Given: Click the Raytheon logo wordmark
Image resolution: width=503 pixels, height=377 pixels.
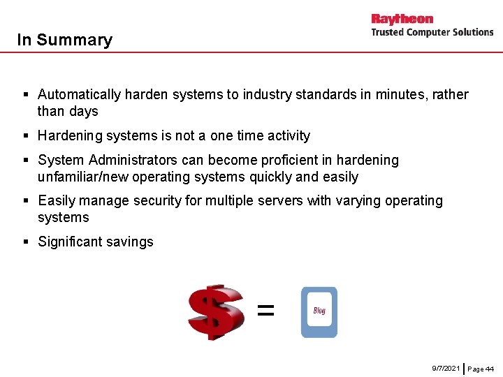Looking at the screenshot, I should coord(402,19).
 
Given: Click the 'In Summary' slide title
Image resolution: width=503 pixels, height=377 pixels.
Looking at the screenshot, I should coord(64,40).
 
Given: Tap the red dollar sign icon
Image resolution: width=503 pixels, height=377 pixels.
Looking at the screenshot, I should coord(216,311).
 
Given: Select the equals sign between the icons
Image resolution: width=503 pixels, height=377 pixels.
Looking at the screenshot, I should coord(265,310).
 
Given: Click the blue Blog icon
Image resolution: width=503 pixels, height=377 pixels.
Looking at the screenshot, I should coord(319,312).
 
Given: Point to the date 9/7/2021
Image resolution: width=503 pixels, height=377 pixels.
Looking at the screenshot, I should coord(446,367).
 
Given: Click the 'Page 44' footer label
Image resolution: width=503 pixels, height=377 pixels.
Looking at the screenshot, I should coord(481,368).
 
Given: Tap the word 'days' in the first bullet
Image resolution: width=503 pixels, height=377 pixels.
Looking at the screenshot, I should coord(83,111).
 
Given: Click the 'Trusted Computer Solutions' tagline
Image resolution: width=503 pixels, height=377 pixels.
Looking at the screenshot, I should coord(432,32).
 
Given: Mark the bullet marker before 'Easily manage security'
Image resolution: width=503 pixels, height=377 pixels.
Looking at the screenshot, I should coord(25,201).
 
